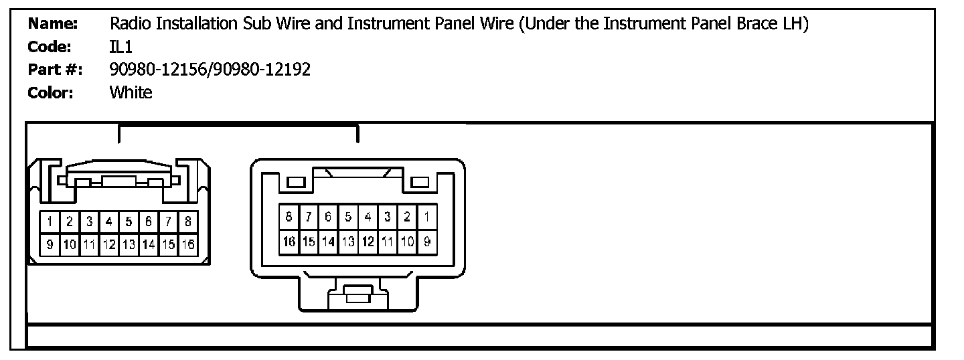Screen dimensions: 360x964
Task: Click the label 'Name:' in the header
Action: tap(53, 25)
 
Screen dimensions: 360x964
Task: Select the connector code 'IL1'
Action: tap(121, 48)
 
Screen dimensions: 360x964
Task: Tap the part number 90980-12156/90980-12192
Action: tap(210, 70)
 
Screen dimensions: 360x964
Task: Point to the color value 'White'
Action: tap(131, 92)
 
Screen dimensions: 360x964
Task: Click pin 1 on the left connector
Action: tap(50, 221)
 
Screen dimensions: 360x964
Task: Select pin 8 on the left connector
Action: tap(188, 221)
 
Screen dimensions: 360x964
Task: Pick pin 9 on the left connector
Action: tap(50, 244)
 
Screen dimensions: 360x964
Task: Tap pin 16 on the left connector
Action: tap(188, 244)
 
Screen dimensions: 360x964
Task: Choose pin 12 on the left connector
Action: tap(109, 244)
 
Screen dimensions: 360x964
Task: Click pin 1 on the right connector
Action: tap(426, 216)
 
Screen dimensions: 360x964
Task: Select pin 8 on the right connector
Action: tap(289, 216)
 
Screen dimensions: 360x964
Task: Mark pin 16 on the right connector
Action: tap(289, 242)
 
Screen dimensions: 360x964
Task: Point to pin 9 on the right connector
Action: tap(426, 242)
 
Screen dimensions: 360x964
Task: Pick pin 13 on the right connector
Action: tap(348, 242)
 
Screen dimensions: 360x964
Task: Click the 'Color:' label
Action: tap(50, 92)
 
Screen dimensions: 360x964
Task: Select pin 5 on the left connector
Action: tap(129, 221)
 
